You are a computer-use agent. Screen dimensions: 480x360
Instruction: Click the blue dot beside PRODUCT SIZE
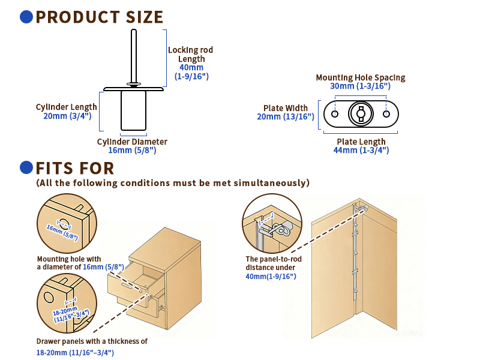pos(26,17)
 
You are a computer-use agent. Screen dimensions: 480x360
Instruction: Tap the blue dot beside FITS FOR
pos(26,167)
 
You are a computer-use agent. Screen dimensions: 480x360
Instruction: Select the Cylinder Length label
pos(66,107)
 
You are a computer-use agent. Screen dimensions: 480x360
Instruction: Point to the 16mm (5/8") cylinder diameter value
pos(132,151)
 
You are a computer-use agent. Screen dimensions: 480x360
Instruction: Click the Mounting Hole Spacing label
pos(361,77)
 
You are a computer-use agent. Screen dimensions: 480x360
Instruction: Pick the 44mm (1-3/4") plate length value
pos(360,151)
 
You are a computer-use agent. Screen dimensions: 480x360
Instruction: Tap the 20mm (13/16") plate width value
pos(286,117)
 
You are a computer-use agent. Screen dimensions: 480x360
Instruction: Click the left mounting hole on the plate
pos(335,114)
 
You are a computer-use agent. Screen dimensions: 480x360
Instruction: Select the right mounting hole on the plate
pos(386,114)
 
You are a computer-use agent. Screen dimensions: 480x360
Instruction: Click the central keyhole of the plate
pos(361,113)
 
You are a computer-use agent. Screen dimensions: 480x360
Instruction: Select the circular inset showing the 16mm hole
pos(65,223)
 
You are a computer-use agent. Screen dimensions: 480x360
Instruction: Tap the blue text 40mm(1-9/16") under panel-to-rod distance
pos(271,276)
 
